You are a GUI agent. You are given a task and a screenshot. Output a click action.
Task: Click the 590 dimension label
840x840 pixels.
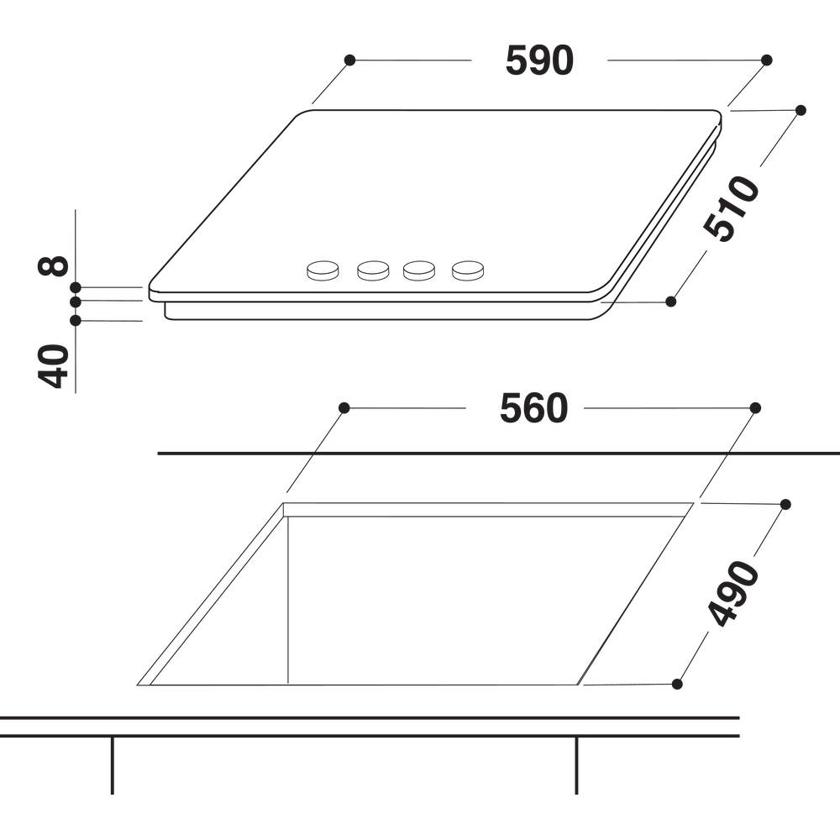[539, 60]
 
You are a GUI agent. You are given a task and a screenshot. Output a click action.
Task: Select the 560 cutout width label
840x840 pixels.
[533, 408]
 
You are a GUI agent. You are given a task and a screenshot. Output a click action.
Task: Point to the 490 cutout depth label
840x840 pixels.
[733, 593]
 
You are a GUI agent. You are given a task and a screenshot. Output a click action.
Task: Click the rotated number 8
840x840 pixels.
[53, 265]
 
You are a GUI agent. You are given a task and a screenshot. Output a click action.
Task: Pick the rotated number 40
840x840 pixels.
[53, 366]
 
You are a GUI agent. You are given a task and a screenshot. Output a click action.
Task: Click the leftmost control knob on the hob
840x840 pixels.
[323, 270]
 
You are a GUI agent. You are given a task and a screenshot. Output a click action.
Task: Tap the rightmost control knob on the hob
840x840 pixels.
[468, 270]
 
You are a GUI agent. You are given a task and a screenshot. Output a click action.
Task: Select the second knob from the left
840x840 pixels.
[374, 270]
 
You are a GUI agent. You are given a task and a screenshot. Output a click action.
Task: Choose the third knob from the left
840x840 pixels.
[419, 270]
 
